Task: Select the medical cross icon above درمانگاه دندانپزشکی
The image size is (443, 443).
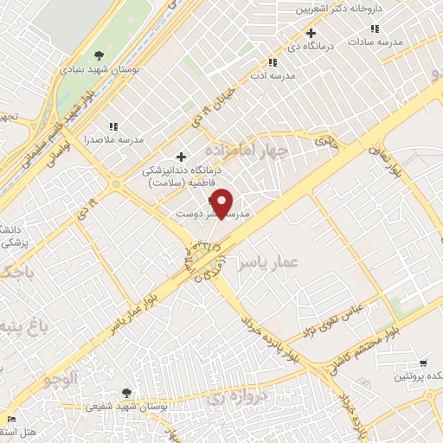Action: [181, 157]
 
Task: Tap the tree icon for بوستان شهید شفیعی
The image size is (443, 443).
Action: [127, 393]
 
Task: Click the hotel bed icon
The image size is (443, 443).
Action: [10, 420]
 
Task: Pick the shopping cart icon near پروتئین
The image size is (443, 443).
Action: [422, 363]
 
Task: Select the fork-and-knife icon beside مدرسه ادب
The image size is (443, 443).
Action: [273, 62]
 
